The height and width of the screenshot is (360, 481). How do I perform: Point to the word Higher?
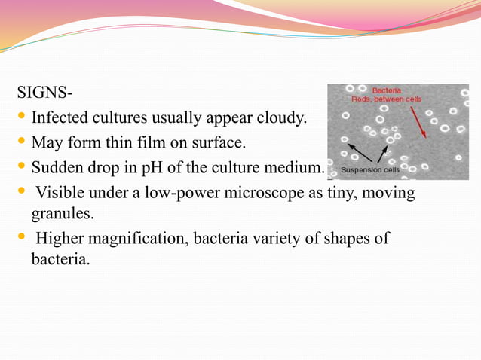pyautogui.click(x=60, y=239)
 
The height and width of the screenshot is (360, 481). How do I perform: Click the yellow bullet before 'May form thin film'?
pyautogui.click(x=21, y=142)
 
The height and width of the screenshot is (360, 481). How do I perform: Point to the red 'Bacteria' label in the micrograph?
pyautogui.click(x=387, y=90)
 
